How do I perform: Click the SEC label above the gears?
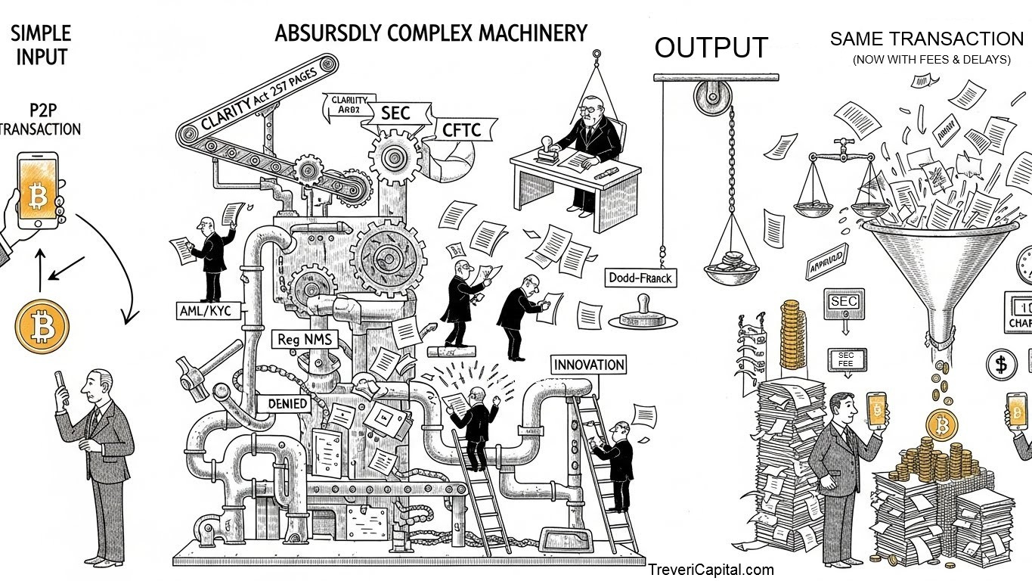coord(395,113)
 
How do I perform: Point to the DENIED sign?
coord(287,403)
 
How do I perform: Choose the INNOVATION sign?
coord(589,365)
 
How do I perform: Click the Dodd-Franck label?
coord(640,278)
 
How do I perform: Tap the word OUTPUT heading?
coord(711,47)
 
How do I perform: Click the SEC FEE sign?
coord(845,359)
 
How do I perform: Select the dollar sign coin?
coord(1001,365)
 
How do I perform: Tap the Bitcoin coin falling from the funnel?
coord(941,424)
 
